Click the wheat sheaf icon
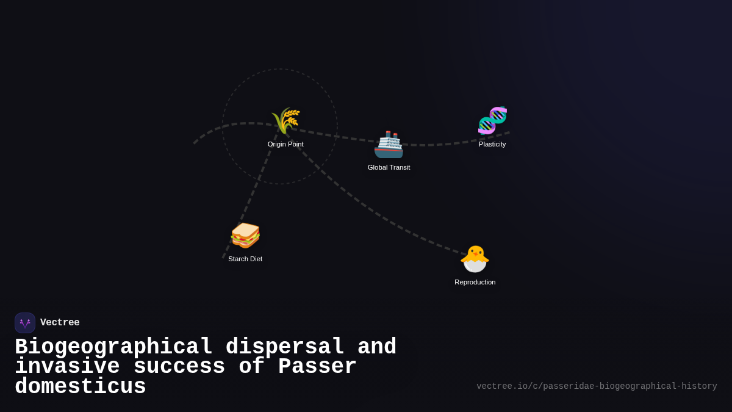pos(285,120)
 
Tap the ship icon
pos(389,145)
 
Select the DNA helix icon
pos(492,120)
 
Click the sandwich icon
pos(245,235)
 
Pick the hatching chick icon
pos(475,259)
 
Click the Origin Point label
pos(285,145)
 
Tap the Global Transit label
pos(389,167)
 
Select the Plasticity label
pos(492,145)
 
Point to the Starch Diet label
pos(245,259)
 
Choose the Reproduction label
pos(475,282)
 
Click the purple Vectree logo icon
pos(25,323)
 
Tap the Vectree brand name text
pos(60,323)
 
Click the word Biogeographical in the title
pos(113,347)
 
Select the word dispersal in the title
pos(285,347)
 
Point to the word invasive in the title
pos(67,367)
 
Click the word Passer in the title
pos(317,367)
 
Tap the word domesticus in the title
pos(81,387)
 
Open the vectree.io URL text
pos(596,386)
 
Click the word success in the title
pos(179,367)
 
